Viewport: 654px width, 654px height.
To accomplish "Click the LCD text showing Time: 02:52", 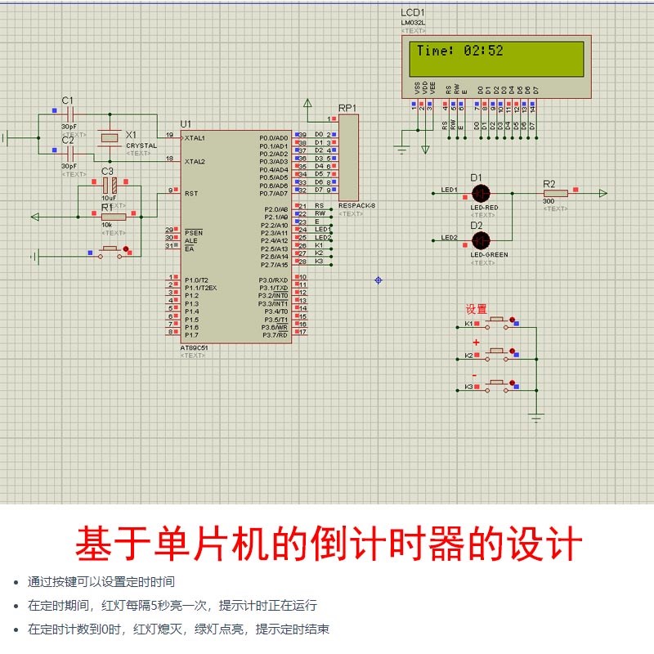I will [459, 51].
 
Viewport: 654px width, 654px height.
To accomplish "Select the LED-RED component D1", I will [481, 193].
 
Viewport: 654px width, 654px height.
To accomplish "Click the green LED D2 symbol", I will [481, 239].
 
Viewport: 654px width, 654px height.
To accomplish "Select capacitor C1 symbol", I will [68, 115].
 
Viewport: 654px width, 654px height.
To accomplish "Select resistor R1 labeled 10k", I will [113, 217].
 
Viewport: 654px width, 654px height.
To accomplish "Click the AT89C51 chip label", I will [194, 347].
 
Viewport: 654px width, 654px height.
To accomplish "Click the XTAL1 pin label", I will [195, 137].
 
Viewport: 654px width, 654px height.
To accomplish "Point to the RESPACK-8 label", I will [356, 205].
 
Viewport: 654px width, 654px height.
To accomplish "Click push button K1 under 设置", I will [497, 325].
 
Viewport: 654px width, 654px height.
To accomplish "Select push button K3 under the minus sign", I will [497, 384].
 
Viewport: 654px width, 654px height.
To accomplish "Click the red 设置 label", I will [476, 309].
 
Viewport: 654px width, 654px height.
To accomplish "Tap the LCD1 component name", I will [412, 13].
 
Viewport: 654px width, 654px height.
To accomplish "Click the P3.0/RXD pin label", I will [274, 280].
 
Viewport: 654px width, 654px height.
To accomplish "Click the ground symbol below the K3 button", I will [536, 419].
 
